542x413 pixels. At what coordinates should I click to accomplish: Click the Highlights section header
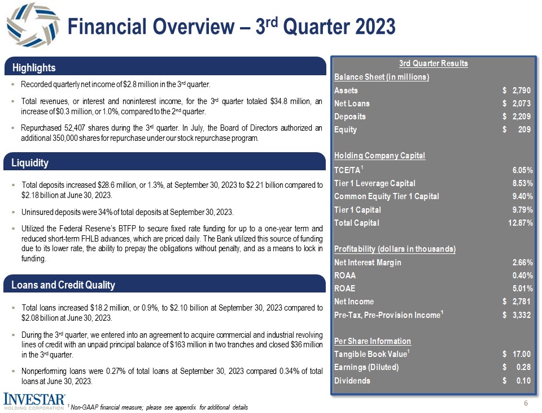pos(34,68)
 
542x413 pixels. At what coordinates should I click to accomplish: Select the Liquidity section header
pos(30,163)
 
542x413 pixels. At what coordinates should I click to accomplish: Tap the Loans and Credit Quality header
pos(63,285)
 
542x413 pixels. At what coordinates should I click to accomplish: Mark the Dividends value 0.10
pos(523,380)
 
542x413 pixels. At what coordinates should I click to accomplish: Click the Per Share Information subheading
pos(373,341)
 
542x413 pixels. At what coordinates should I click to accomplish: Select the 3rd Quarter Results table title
pos(433,63)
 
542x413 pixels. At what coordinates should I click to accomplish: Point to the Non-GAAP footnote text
pos(158,407)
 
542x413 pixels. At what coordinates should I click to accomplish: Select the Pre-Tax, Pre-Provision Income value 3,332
pos(519,315)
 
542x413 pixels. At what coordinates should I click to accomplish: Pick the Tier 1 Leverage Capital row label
pos(375,183)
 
